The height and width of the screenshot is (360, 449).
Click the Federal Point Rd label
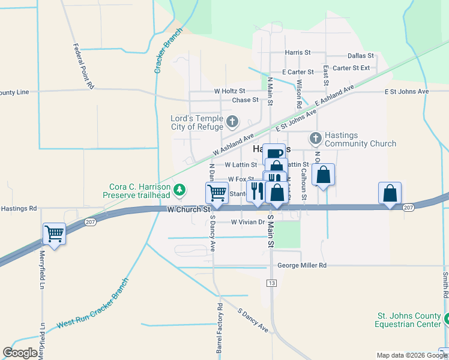[x=83, y=66]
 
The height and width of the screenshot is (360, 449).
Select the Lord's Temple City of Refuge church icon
[x=232, y=123]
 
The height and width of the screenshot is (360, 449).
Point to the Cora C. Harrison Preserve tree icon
[x=179, y=191]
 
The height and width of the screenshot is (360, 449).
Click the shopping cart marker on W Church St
[x=217, y=193]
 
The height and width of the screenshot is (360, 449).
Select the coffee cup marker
[x=274, y=154]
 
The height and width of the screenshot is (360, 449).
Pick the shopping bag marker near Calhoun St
[x=323, y=175]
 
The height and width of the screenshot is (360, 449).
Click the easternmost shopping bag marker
[x=390, y=193]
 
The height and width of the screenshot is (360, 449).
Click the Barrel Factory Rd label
[x=220, y=328]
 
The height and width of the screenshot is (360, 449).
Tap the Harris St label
[x=298, y=53]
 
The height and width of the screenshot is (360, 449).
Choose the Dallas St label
[x=360, y=55]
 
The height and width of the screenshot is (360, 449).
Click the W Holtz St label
[x=230, y=91]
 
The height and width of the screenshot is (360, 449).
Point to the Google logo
[x=20, y=353]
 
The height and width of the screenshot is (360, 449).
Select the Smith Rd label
[x=445, y=286]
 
